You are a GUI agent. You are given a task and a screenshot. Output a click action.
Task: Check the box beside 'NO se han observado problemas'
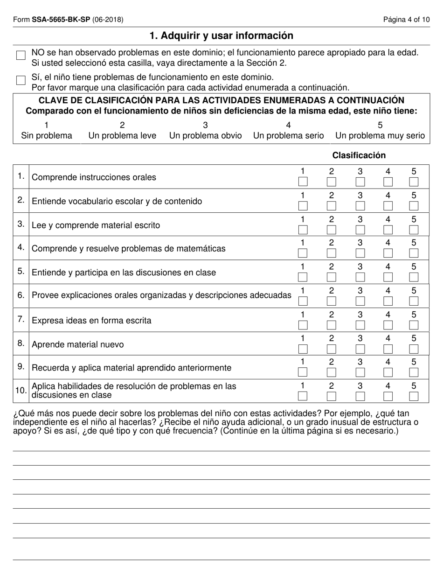tap(21, 56)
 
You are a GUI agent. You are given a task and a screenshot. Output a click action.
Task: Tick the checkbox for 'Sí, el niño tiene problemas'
tap(21, 80)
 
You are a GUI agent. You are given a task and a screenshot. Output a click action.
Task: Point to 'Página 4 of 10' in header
tap(407, 20)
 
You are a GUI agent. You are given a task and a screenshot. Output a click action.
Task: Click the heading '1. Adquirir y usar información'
tap(221, 36)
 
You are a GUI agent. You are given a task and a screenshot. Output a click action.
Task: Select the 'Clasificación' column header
tap(359, 155)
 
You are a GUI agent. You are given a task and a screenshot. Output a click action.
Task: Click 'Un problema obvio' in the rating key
tap(205, 136)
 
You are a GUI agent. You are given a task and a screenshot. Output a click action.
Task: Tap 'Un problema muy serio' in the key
tap(380, 136)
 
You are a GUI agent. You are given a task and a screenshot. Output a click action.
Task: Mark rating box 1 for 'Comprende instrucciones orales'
tap(303, 182)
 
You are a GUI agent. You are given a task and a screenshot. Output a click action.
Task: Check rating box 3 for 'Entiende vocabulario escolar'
tap(360, 205)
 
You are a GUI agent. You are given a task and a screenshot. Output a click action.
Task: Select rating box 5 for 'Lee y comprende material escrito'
tap(414, 229)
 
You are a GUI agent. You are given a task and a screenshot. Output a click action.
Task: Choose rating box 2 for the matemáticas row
tap(331, 253)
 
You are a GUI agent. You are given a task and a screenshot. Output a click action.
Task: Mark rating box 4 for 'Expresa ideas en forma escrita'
tap(388, 325)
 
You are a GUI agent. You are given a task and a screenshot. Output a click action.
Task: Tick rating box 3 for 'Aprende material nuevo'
tap(360, 349)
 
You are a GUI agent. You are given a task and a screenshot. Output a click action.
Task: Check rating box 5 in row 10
tap(414, 396)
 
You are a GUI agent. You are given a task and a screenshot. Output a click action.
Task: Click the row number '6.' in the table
tap(21, 295)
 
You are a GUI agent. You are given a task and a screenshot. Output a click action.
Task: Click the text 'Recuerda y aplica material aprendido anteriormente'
tap(131, 368)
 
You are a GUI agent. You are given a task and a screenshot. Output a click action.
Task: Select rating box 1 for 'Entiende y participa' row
tap(303, 277)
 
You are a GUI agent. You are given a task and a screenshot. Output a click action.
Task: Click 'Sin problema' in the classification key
tap(47, 136)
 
